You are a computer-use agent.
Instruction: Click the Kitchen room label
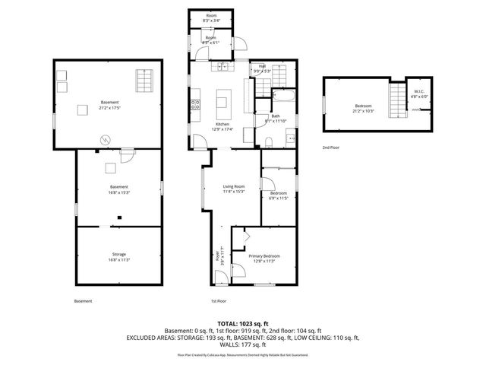[222, 124]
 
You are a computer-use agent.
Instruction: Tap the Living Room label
[233, 186]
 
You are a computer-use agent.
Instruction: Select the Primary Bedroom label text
[264, 256]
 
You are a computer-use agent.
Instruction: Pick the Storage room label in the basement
[119, 254]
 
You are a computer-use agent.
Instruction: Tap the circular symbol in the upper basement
[107, 139]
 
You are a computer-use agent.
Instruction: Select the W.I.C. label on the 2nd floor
[420, 92]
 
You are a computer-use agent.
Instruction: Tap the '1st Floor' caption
[219, 301]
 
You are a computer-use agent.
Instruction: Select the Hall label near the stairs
[262, 65]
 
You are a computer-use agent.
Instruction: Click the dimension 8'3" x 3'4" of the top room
[211, 21]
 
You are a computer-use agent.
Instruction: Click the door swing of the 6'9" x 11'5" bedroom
[267, 183]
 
